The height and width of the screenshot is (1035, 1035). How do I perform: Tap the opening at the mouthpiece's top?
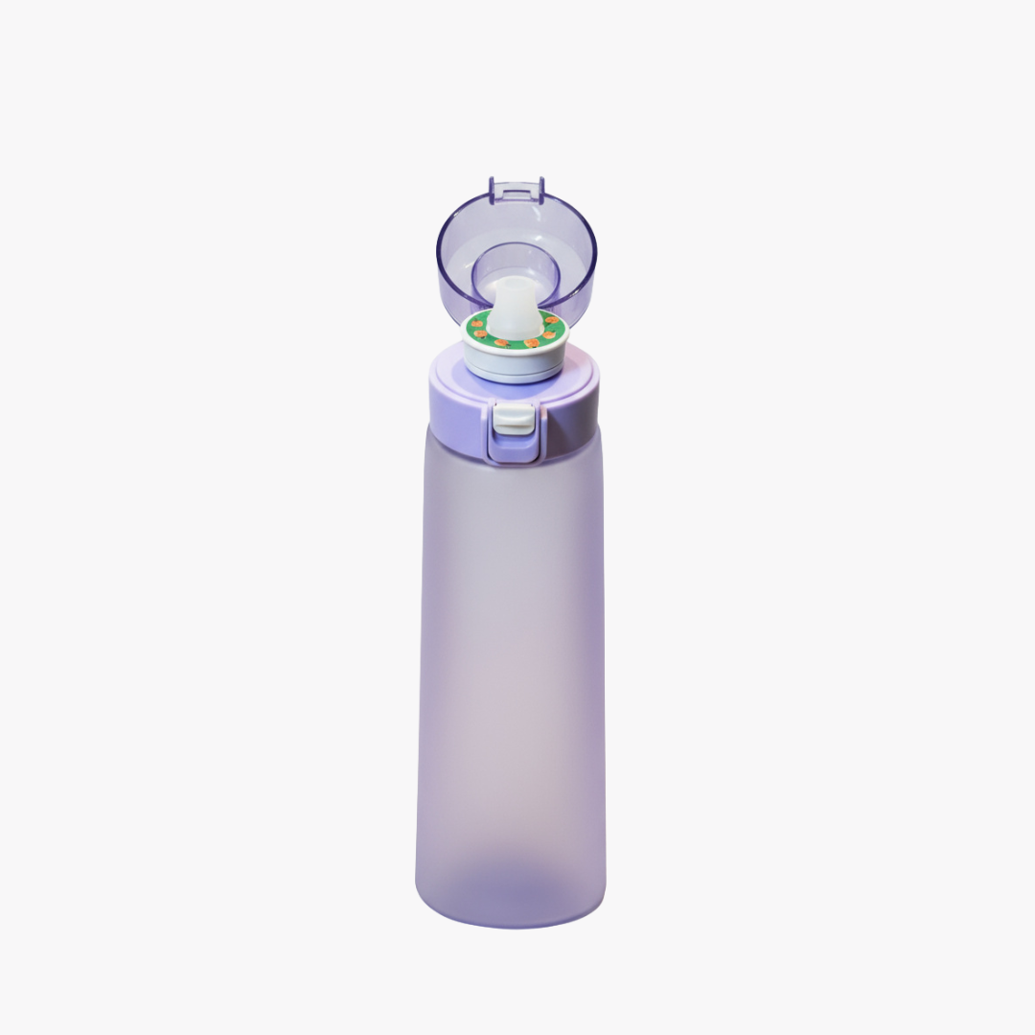tap(514, 285)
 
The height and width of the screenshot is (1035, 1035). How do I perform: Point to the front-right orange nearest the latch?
tap(533, 341)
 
